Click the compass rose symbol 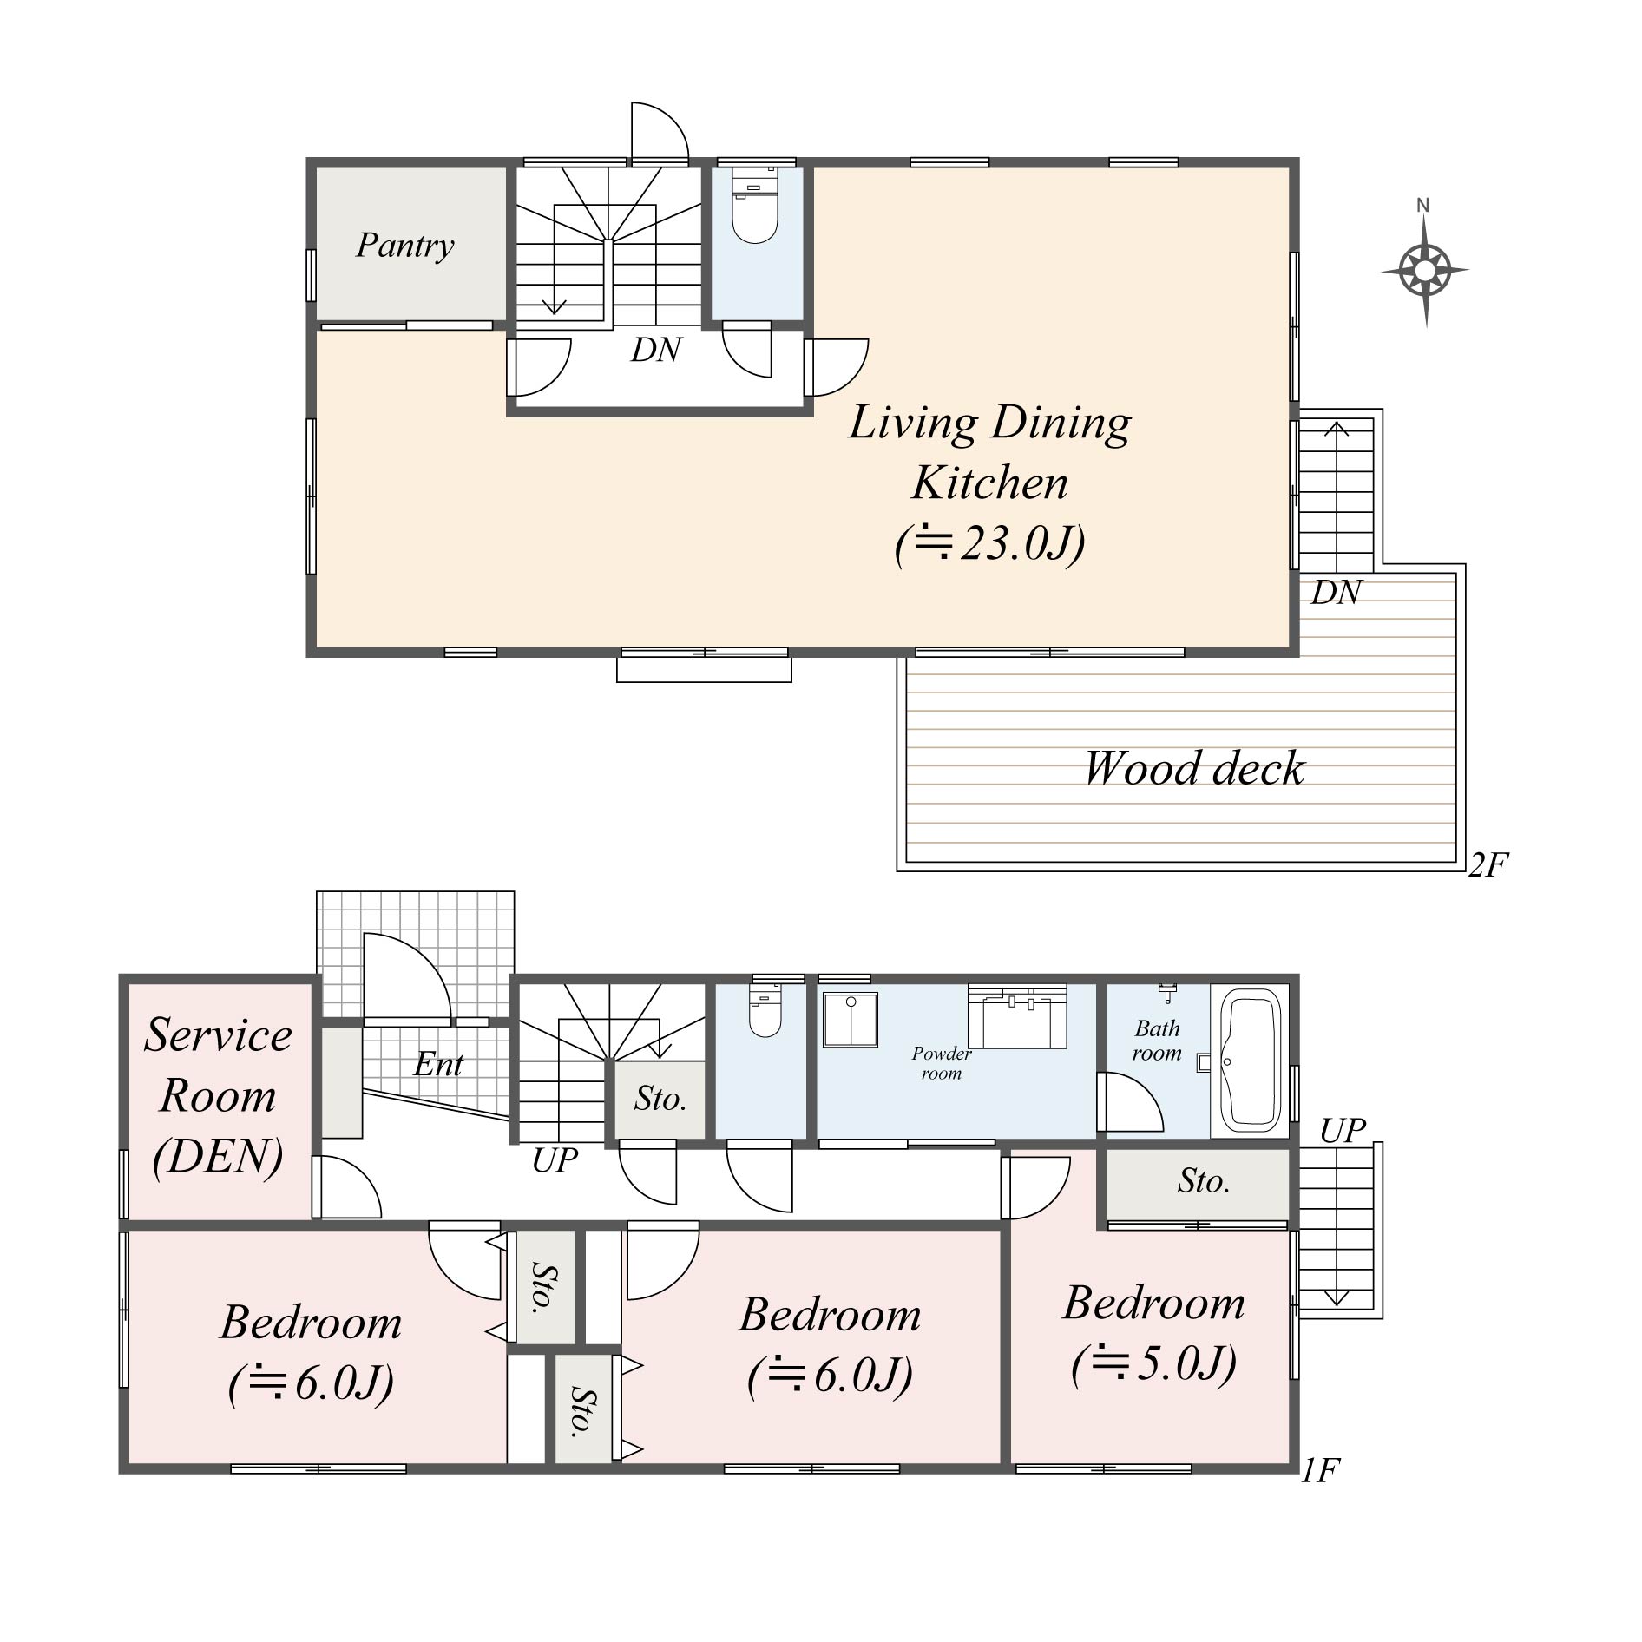tap(1425, 270)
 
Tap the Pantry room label tap(404, 246)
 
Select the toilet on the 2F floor tap(754, 208)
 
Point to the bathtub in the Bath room tap(1251, 1061)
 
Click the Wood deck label tap(1193, 768)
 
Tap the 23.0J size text tap(990, 544)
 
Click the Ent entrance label tap(438, 1064)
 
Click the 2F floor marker tap(1488, 864)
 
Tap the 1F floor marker tap(1320, 1470)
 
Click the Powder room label tap(942, 1062)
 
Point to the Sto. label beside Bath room tap(1203, 1181)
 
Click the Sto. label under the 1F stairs tap(660, 1099)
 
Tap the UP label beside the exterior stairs tap(1343, 1130)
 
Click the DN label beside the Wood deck tap(1336, 592)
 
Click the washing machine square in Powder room tap(851, 1019)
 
